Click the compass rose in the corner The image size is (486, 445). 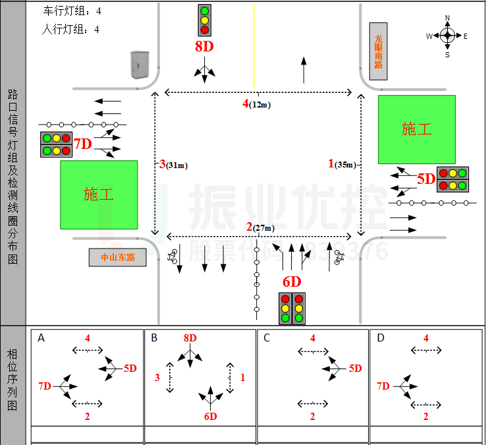click(447, 36)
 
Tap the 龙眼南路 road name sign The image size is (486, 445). click(379, 52)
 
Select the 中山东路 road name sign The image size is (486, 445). click(117, 257)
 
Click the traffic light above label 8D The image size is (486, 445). click(205, 20)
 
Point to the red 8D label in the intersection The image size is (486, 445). click(204, 46)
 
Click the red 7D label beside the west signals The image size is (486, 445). click(82, 144)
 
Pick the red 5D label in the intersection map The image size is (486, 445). click(426, 179)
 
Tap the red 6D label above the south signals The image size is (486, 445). click(292, 282)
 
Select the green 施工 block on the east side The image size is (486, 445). click(416, 129)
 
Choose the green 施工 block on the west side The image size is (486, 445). click(99, 194)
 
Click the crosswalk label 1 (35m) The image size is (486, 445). click(342, 164)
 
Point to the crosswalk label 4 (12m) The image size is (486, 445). click(256, 104)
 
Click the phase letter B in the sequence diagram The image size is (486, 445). click(154, 338)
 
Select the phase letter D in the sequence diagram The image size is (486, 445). click(380, 338)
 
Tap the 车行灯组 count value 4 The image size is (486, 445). click(98, 11)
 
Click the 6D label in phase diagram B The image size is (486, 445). click(210, 416)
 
